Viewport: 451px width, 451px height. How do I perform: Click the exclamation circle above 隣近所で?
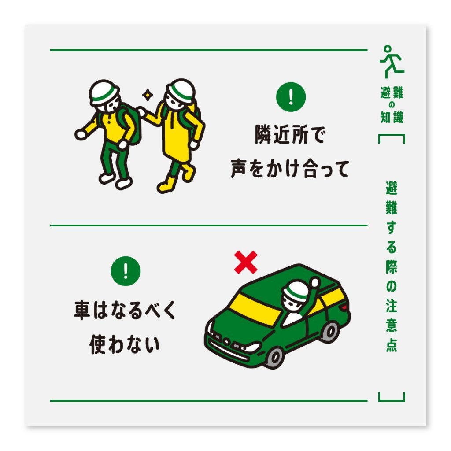coord(291,97)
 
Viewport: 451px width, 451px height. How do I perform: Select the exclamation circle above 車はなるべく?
coord(126,270)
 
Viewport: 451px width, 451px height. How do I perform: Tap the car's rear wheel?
coord(329,331)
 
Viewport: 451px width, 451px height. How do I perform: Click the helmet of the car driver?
coord(296,292)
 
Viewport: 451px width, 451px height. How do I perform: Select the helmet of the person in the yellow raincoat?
coord(181,90)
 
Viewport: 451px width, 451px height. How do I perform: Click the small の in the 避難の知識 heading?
coord(391,105)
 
